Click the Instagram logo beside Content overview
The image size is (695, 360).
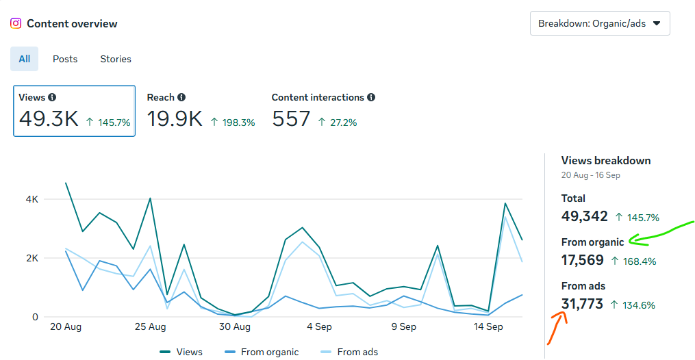click(x=16, y=23)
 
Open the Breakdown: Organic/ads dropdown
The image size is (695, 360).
click(x=599, y=23)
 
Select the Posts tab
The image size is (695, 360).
click(x=65, y=59)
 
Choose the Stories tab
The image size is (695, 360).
click(x=116, y=59)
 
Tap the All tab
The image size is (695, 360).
click(x=25, y=59)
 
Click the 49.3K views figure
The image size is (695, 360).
click(x=49, y=119)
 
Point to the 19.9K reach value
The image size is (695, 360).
click(x=175, y=119)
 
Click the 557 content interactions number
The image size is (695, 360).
click(x=291, y=119)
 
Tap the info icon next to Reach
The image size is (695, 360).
click(x=181, y=98)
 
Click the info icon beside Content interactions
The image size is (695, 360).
click(x=371, y=98)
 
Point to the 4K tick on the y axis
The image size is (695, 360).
click(x=32, y=199)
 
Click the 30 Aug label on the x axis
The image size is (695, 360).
click(x=235, y=326)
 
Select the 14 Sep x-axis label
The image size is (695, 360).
click(x=488, y=326)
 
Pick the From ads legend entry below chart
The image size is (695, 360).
click(x=357, y=352)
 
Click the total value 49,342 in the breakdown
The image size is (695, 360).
click(x=585, y=216)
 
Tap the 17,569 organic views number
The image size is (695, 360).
click(x=583, y=260)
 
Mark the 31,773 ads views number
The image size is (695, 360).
click(x=582, y=303)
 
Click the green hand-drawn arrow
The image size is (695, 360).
click(x=661, y=233)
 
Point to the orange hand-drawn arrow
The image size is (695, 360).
click(x=557, y=326)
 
